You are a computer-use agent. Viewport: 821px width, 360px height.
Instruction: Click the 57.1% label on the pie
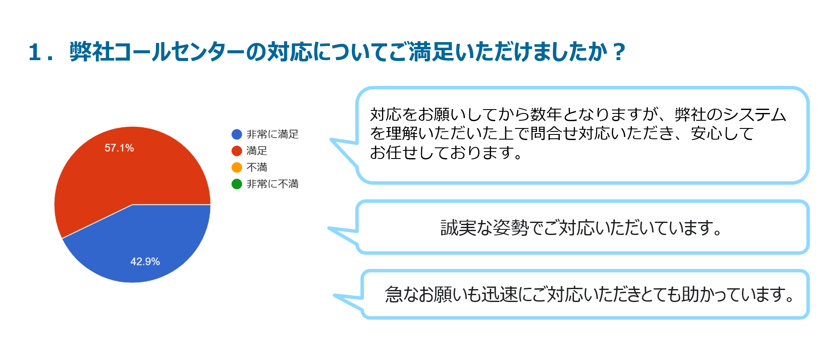point(119,148)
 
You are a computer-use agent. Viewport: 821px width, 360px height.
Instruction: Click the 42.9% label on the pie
point(145,262)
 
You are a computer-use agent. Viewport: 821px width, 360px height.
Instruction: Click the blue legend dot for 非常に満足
point(237,134)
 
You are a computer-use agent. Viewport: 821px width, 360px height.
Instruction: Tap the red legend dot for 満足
point(237,151)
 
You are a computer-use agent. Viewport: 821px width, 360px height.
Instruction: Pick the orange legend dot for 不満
point(237,167)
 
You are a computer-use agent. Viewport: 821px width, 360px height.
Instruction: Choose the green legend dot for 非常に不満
point(237,184)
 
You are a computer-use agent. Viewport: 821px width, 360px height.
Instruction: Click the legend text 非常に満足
point(272,134)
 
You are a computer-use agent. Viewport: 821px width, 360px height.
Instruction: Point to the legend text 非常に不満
point(272,184)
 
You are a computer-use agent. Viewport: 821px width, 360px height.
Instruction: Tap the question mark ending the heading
point(619,52)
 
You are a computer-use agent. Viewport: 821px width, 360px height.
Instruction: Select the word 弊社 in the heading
point(92,52)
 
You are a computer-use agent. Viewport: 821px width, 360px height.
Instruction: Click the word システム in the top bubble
point(754,114)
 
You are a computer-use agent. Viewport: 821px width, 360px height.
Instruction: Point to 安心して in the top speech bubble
point(722,134)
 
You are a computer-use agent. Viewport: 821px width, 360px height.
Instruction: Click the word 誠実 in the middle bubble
point(458,228)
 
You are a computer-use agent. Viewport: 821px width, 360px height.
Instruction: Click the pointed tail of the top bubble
point(330,139)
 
